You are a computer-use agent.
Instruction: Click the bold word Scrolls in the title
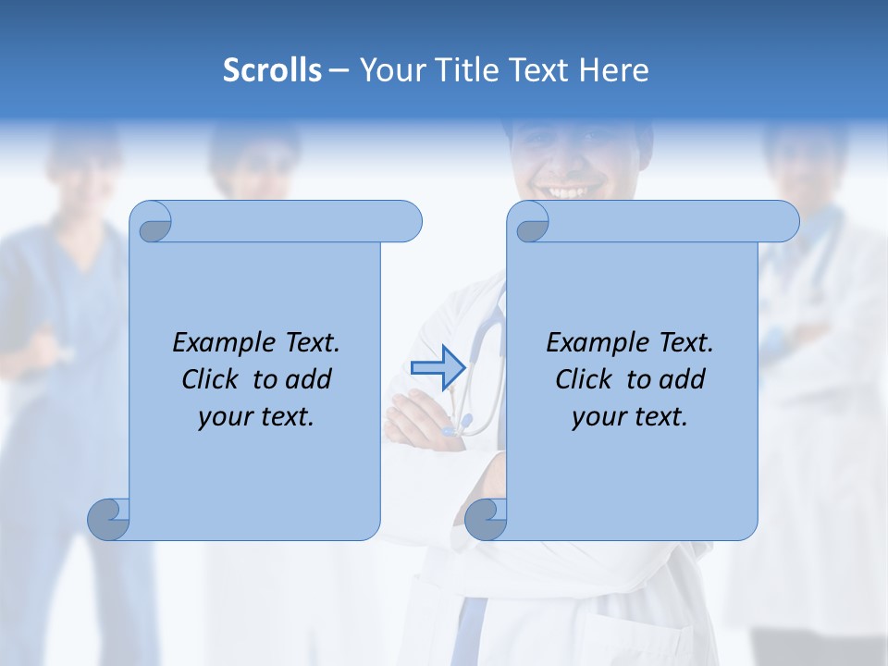(272, 70)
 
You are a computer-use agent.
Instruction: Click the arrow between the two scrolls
(437, 367)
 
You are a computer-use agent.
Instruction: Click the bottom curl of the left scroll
(109, 519)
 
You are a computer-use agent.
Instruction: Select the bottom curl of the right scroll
(486, 519)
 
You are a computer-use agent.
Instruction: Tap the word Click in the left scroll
(211, 379)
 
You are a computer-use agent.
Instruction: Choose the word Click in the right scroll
(584, 379)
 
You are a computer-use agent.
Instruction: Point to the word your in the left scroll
(225, 417)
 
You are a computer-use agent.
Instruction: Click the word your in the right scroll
(599, 417)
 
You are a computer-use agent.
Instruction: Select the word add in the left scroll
(310, 379)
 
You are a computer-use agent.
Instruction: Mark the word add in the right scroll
(684, 379)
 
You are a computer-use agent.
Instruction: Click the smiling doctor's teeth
(567, 191)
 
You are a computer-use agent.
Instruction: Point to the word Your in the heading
(388, 70)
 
